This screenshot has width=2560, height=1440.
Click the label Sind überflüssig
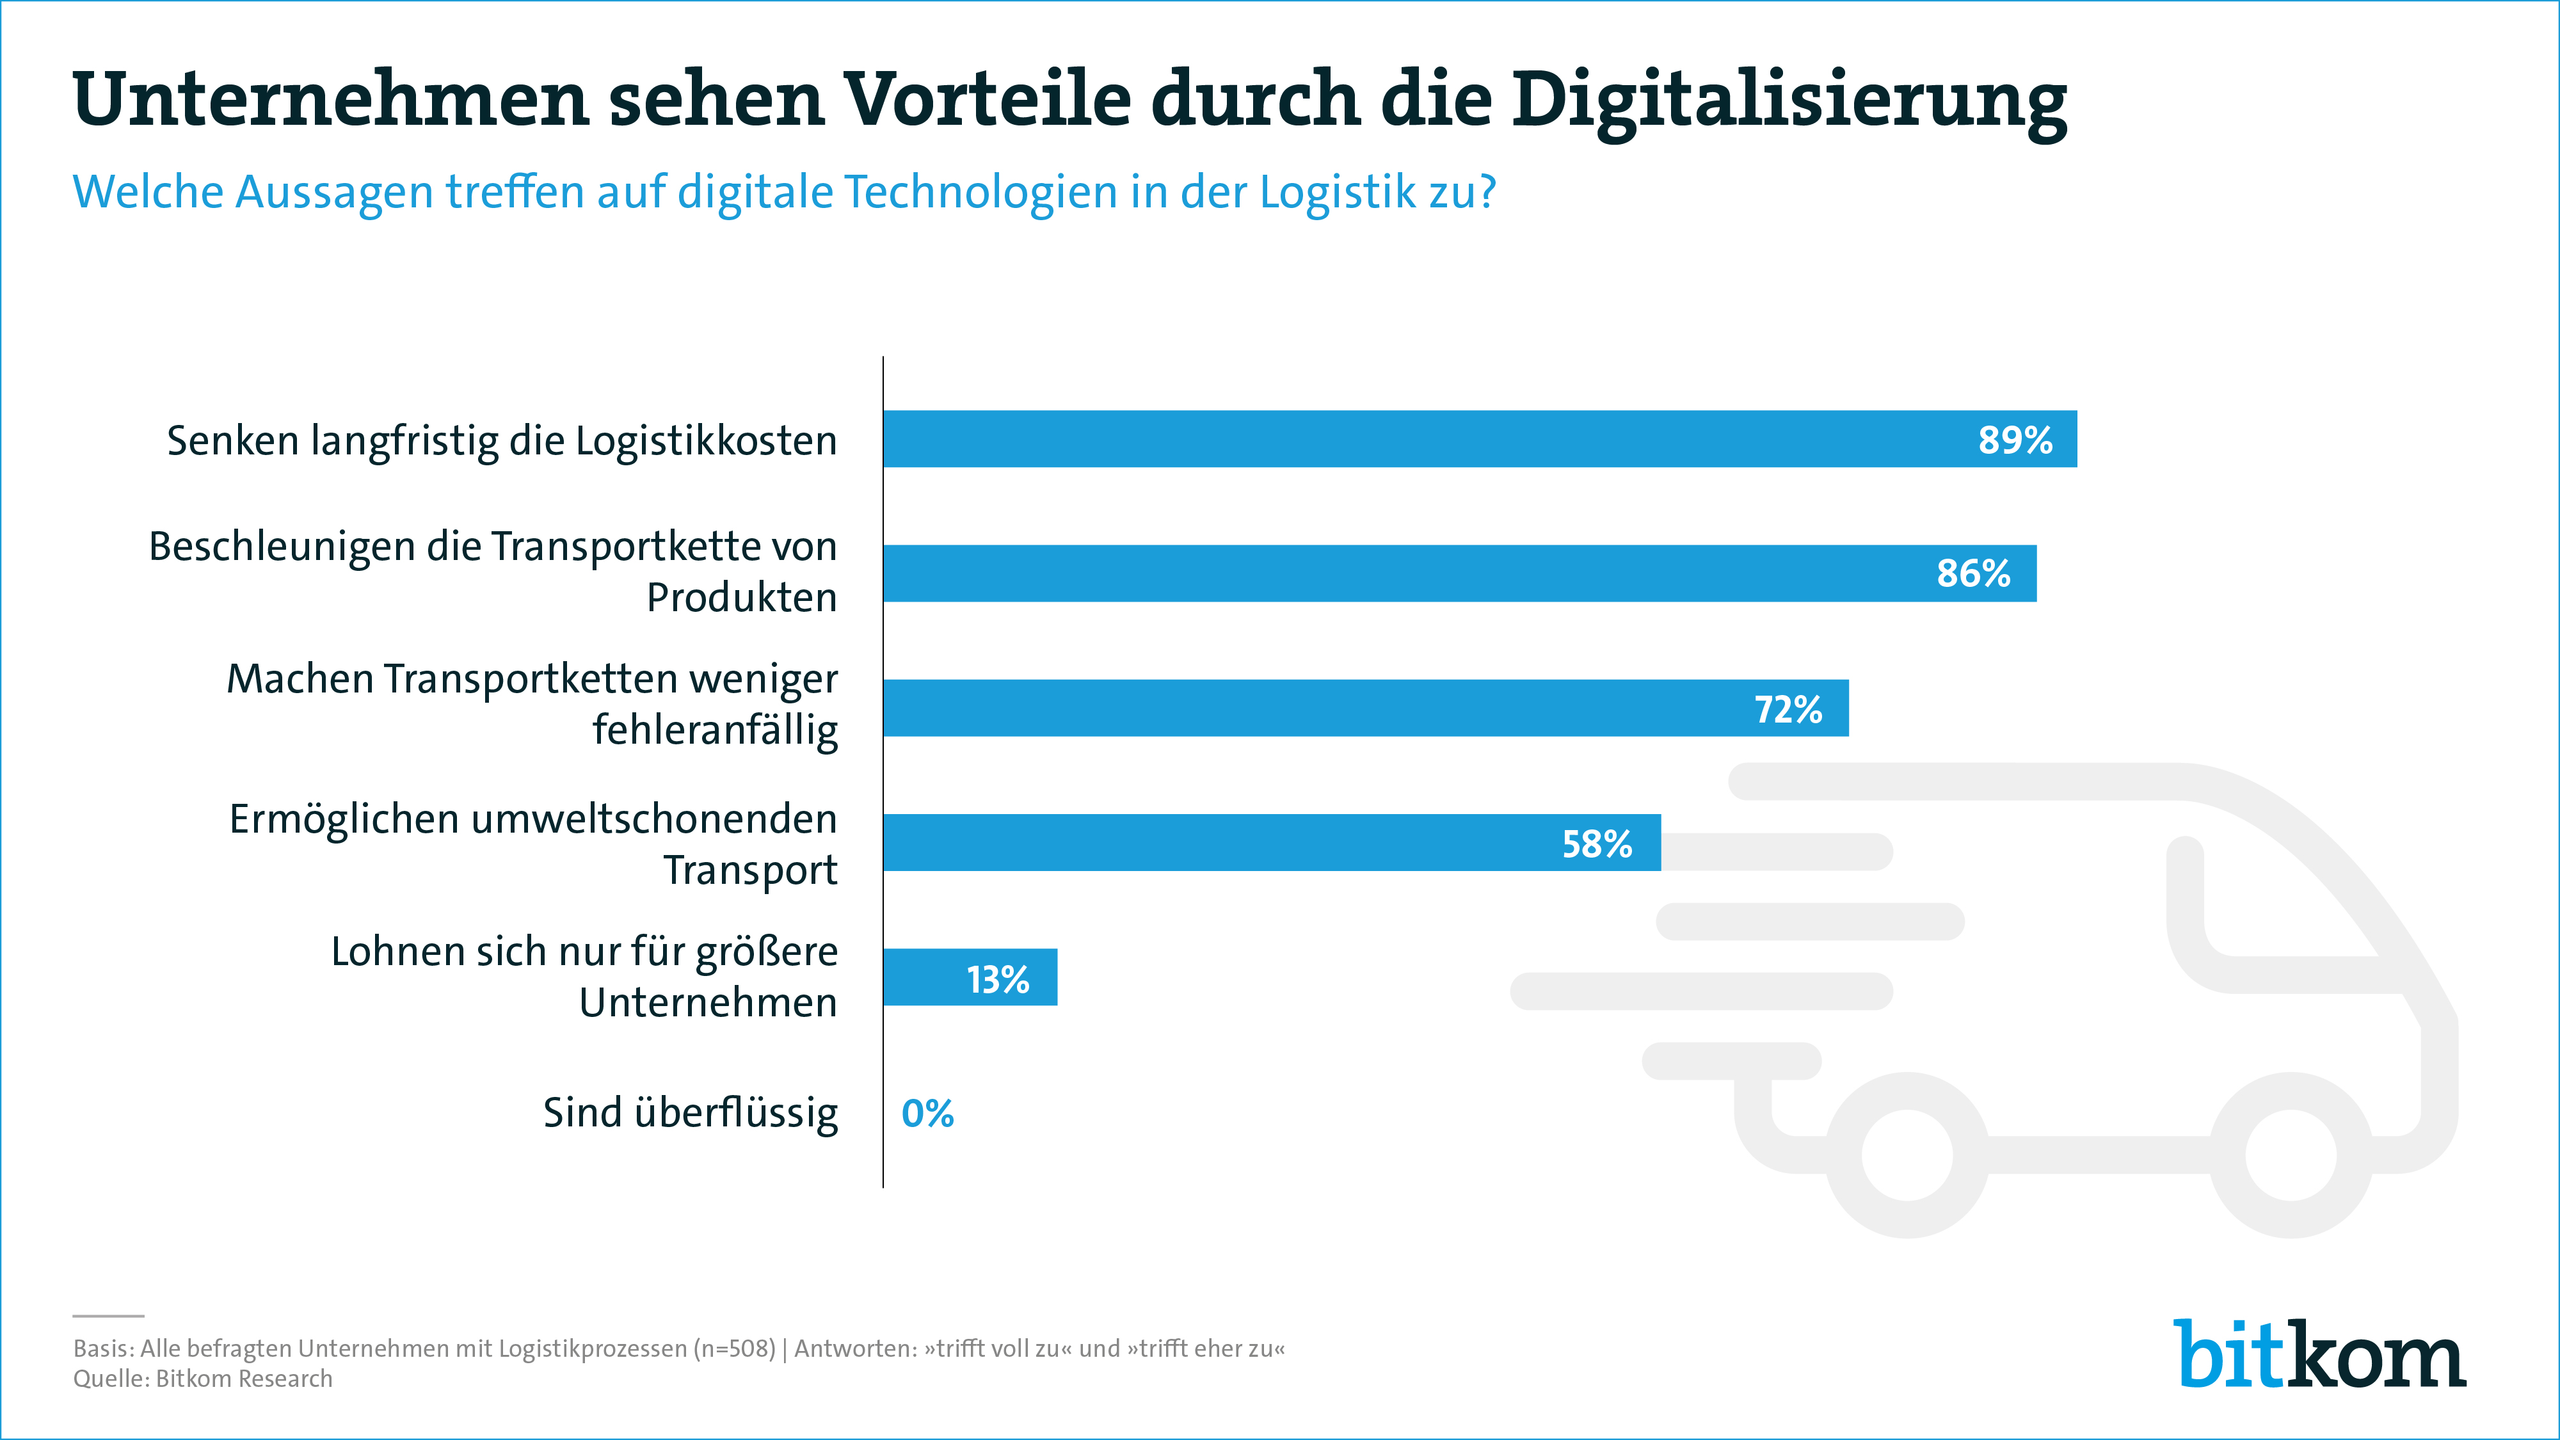tap(690, 1113)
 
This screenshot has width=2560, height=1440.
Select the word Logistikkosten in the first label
tap(705, 440)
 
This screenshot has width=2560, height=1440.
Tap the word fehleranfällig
tap(714, 730)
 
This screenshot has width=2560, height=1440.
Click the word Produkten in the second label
tap(741, 597)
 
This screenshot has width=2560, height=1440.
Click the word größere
tap(766, 952)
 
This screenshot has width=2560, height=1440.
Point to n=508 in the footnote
tap(733, 1348)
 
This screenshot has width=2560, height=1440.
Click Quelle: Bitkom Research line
tap(203, 1379)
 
